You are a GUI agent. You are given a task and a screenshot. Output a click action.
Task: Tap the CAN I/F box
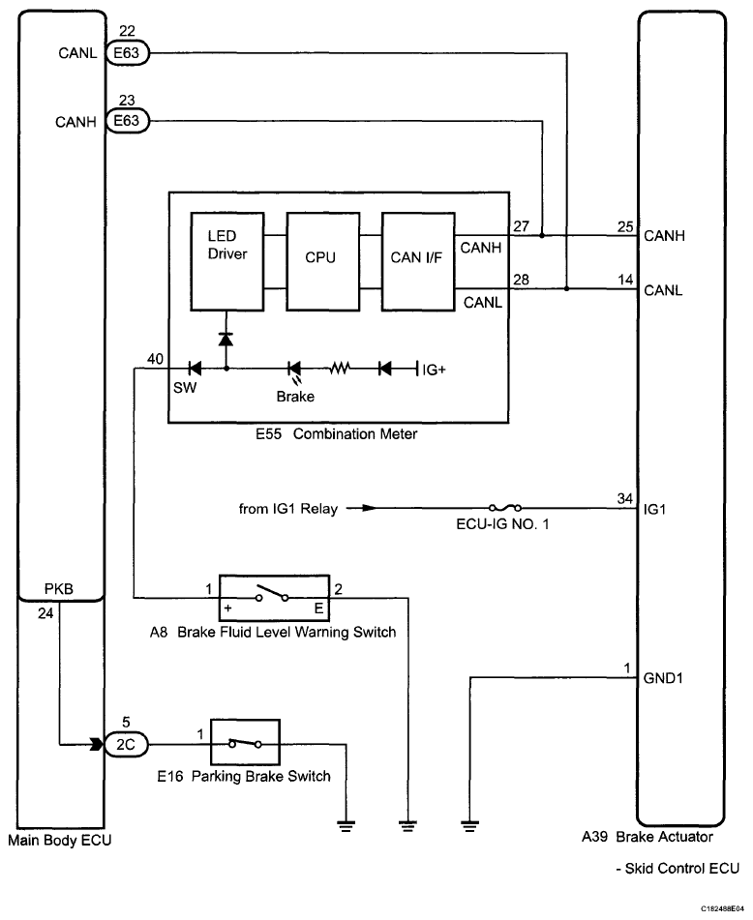tap(417, 260)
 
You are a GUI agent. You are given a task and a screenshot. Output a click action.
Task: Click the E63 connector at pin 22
tap(126, 55)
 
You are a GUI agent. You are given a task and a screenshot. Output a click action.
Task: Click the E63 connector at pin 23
tap(126, 121)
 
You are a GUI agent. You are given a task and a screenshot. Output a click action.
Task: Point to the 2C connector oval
tap(126, 746)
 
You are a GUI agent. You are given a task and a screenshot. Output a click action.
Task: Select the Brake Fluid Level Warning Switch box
tap(275, 598)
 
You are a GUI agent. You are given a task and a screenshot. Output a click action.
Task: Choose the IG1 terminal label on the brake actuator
tap(655, 508)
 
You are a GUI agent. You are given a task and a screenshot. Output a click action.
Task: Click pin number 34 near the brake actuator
tap(624, 498)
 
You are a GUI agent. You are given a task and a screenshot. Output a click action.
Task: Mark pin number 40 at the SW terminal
tap(154, 359)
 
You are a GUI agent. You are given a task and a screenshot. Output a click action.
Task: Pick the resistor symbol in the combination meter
tap(341, 369)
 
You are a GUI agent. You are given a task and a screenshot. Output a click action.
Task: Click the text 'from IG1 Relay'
tap(288, 508)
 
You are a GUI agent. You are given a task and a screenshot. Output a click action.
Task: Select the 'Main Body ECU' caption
tap(59, 840)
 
